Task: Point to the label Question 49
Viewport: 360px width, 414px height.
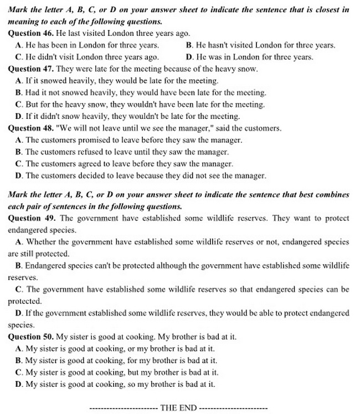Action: tap(31, 218)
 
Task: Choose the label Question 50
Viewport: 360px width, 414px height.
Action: tap(31, 337)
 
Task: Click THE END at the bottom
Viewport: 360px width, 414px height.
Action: tap(178, 408)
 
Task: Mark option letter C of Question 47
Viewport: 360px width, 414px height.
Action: tap(19, 104)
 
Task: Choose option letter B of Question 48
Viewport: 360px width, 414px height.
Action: tap(19, 152)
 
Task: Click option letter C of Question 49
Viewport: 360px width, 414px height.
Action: tap(19, 289)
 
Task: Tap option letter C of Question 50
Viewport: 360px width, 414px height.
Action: tap(19, 372)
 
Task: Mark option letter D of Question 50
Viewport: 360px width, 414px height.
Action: tap(19, 384)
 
